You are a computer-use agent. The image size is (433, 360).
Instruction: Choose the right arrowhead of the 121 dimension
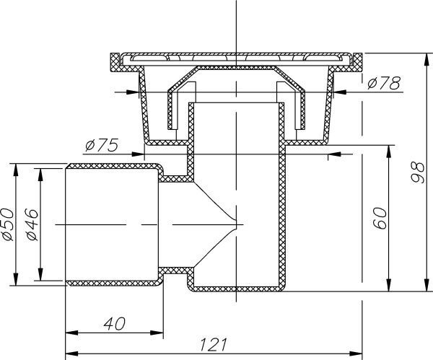pyautogui.click(x=356, y=354)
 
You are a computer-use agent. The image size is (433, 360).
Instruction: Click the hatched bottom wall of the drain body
pyautogui.click(x=238, y=291)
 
